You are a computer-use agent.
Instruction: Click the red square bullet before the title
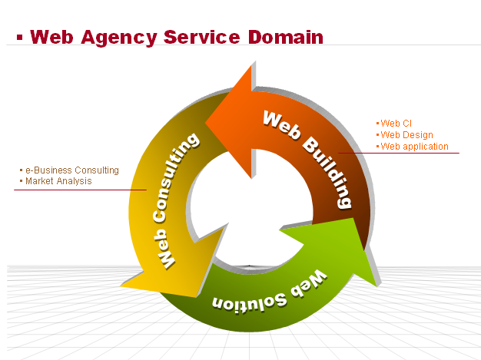(19, 36)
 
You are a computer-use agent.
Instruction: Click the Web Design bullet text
(406, 135)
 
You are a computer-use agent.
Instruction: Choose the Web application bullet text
(414, 147)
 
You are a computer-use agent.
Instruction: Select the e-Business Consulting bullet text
(71, 170)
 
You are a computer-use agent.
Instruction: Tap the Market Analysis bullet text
(58, 181)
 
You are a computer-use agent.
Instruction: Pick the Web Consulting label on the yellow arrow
(176, 199)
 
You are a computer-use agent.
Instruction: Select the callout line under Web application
(400, 153)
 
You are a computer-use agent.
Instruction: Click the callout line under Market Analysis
(77, 190)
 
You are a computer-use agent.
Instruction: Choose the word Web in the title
(55, 37)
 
